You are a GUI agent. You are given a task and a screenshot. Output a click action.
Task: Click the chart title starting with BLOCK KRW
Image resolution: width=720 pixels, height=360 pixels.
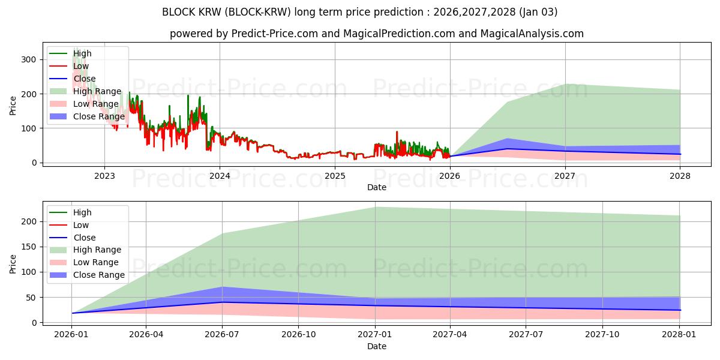359,12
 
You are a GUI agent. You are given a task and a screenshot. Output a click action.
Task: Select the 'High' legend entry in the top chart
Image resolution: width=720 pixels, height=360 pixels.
83,53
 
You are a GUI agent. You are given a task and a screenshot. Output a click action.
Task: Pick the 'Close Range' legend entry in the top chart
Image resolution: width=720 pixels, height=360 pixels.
99,116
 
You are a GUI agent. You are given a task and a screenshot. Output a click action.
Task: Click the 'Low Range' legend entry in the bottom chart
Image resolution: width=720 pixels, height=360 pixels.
96,262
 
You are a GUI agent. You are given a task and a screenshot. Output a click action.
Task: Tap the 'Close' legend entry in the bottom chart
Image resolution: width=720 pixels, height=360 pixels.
84,238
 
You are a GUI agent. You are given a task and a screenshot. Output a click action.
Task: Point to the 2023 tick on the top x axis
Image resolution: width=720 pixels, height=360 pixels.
104,176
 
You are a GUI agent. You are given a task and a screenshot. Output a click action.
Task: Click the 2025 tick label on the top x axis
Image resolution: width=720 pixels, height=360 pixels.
335,176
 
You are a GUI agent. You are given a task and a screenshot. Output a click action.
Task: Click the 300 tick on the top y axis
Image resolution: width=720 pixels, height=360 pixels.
29,59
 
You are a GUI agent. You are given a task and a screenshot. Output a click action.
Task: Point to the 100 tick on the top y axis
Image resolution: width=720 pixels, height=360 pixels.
29,128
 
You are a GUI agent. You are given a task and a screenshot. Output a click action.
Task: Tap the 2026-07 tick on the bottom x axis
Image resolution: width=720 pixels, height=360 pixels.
222,335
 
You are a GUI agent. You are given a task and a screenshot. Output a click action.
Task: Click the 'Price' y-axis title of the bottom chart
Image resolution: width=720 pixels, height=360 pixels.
13,263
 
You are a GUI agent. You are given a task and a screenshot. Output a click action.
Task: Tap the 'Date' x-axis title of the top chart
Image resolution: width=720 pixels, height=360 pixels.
376,187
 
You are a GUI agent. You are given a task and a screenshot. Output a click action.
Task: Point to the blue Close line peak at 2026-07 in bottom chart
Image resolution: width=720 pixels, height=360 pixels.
222,302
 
